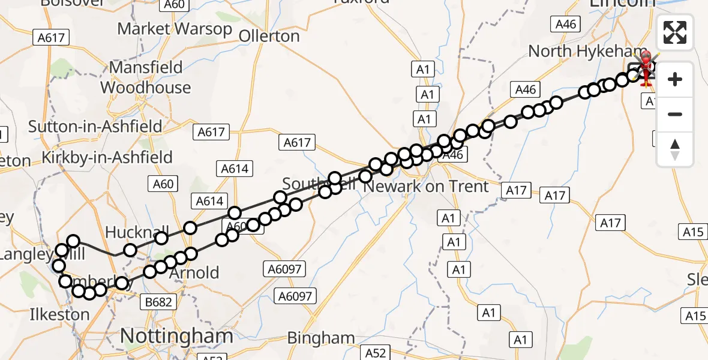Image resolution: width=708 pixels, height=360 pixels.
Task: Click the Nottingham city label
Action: click(176, 336)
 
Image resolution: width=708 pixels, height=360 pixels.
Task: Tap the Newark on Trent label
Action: click(427, 187)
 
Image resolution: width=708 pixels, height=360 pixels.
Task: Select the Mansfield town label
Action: click(146, 67)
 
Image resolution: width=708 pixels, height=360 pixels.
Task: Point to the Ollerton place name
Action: click(269, 37)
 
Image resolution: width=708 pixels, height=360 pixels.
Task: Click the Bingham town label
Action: click(320, 338)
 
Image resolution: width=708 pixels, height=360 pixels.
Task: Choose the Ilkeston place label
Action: click(59, 314)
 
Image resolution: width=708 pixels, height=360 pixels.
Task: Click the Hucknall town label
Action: click(131, 232)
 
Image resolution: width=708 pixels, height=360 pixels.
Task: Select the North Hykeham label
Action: click(587, 52)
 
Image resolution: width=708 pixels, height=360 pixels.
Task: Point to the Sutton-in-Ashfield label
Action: click(95, 127)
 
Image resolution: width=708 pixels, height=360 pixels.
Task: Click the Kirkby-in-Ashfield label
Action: click(107, 158)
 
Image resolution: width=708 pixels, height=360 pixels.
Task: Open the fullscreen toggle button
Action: click(675, 32)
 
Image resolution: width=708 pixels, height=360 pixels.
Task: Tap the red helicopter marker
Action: click(646, 67)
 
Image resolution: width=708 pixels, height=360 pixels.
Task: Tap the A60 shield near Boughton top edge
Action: click(173, 5)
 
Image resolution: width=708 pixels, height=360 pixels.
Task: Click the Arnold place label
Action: click(195, 273)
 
